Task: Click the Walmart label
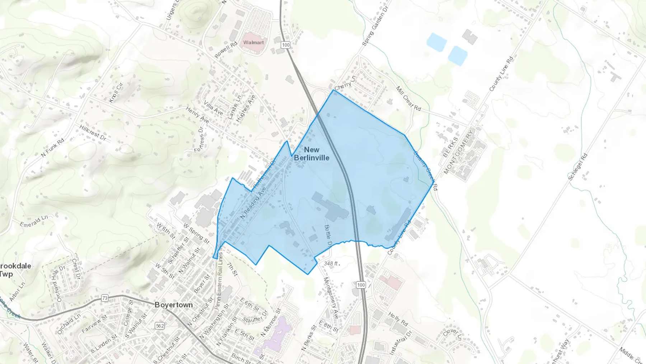tap(253, 42)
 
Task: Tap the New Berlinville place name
tap(312, 153)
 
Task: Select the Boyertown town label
tap(174, 305)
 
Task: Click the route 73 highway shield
tap(105, 298)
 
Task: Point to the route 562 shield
tap(160, 326)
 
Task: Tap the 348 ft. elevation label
tap(331, 263)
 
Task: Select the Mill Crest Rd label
tap(408, 98)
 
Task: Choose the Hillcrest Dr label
tap(93, 133)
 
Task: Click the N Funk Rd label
tap(52, 148)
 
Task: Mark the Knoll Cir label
tap(116, 92)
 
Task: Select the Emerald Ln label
tap(34, 221)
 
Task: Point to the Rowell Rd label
tap(226, 50)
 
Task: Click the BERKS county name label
tap(450, 147)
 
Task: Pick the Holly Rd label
tap(398, 319)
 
